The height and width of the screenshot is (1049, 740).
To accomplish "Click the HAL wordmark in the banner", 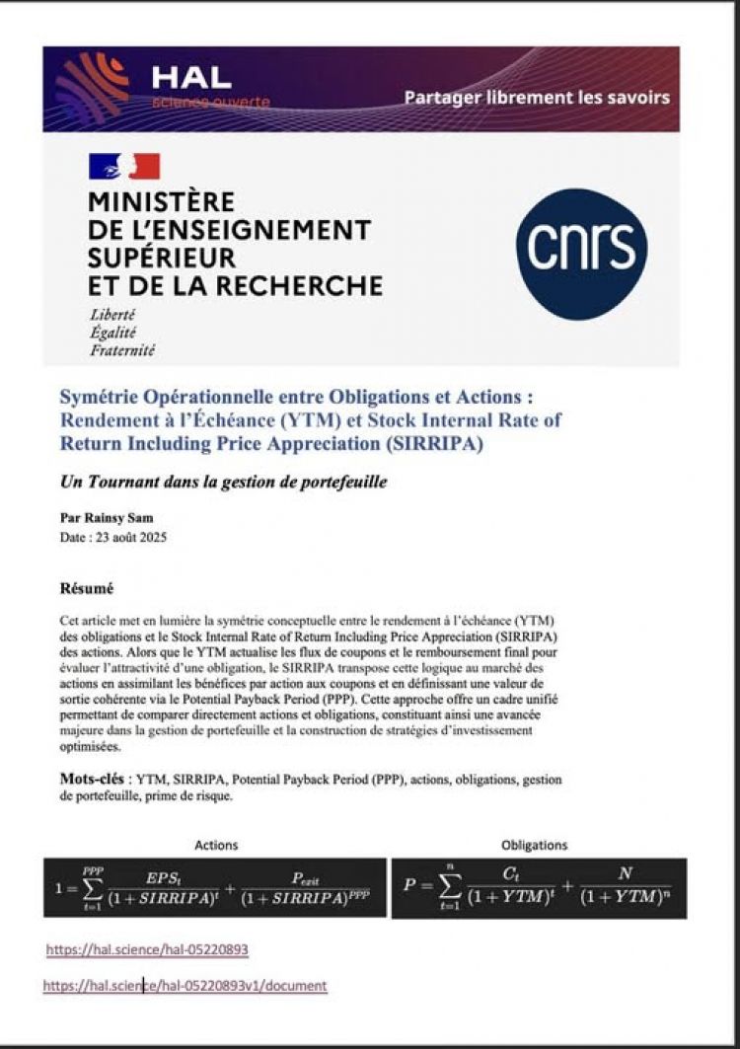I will (191, 75).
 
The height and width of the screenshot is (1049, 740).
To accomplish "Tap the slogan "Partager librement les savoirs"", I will (537, 97).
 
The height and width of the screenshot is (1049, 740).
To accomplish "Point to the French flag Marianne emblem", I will (124, 166).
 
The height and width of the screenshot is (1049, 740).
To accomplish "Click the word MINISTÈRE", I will (163, 202).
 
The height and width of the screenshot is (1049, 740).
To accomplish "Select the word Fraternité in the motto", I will (122, 349).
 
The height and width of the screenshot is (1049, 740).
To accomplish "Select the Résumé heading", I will (87, 589).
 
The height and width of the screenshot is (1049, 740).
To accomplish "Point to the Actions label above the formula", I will (216, 846).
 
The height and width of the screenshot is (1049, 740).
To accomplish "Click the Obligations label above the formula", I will (534, 846).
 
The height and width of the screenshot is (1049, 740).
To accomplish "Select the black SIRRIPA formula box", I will (215, 888).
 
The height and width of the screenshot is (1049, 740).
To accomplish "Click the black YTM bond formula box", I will (539, 888).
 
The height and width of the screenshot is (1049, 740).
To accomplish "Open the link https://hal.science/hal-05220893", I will (147, 949).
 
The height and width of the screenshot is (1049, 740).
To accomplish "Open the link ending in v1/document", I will (185, 985).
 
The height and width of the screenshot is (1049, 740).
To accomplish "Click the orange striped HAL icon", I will (92, 87).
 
